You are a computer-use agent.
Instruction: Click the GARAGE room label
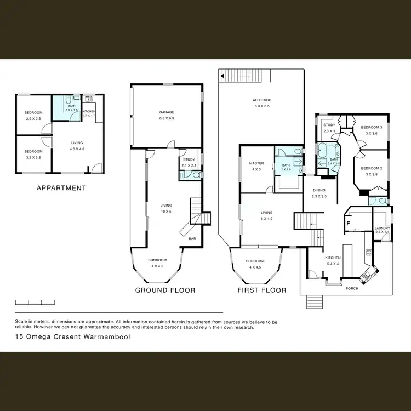point(167,112)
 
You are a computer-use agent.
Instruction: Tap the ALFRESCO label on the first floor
point(262,100)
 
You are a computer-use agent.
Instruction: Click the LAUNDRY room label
point(382,228)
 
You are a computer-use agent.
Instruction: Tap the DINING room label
point(319,191)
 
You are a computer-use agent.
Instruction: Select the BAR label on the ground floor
point(192,239)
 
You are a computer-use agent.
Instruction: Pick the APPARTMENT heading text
point(61,188)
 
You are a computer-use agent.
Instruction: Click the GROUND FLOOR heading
point(165,290)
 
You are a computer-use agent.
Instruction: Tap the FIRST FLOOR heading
point(261,290)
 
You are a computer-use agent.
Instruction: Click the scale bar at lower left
point(34,302)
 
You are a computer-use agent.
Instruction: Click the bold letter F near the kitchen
point(347,223)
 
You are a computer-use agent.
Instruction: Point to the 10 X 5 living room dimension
point(167,211)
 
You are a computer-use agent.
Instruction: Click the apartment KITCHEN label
point(89,111)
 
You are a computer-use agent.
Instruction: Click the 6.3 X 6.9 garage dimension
point(167,118)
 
